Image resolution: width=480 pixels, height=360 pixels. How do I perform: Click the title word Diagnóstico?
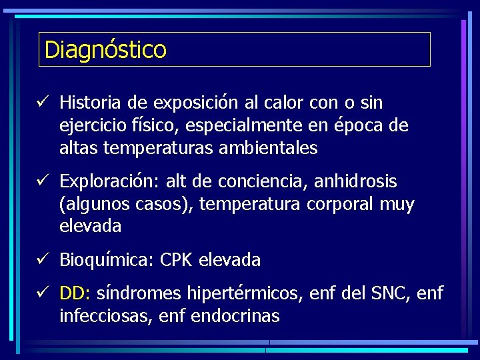pos(105,49)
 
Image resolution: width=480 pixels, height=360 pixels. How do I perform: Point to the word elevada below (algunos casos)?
pos(91,226)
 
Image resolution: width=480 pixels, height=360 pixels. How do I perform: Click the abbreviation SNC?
pos(383,293)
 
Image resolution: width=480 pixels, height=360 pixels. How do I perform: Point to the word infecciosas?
pos(106,315)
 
